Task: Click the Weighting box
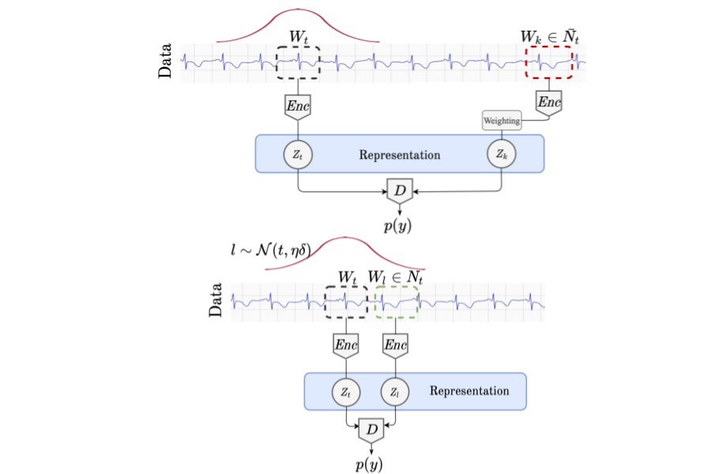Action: [x=502, y=121]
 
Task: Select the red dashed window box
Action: [x=549, y=62]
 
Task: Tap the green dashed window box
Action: [x=397, y=303]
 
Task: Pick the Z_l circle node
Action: [x=395, y=392]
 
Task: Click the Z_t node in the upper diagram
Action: [x=297, y=155]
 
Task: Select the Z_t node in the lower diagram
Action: [x=347, y=392]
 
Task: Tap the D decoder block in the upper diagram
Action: [x=399, y=190]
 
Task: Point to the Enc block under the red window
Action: [x=548, y=100]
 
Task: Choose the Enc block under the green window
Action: [x=395, y=344]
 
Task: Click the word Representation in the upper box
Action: [x=400, y=155]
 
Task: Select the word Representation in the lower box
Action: [x=469, y=391]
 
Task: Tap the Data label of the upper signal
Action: [x=167, y=62]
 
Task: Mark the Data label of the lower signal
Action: [x=216, y=302]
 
